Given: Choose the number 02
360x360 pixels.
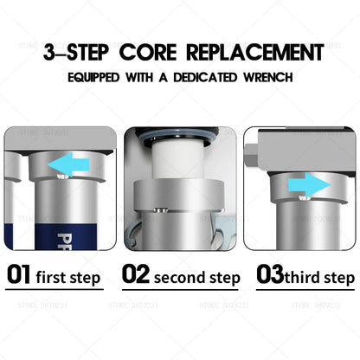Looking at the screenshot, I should tap(136, 275).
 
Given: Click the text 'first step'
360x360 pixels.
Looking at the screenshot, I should tap(68, 278).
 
